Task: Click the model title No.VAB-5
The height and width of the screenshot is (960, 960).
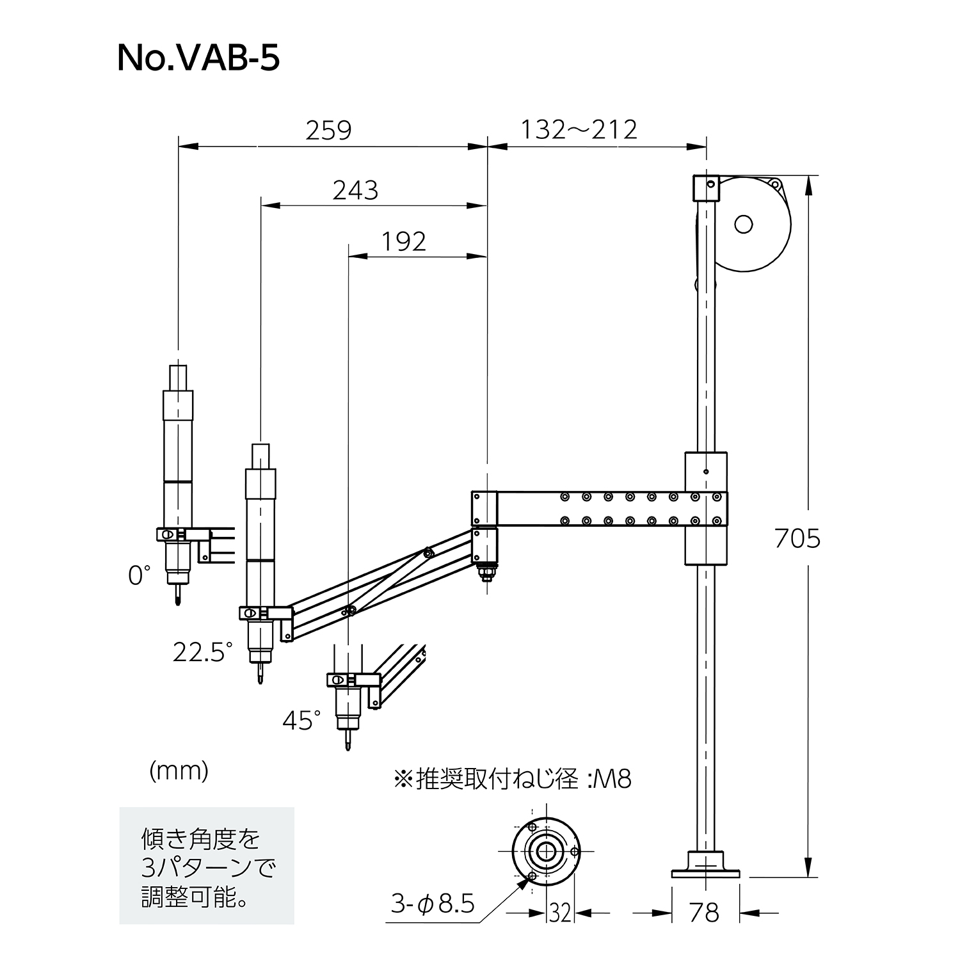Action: [x=198, y=59]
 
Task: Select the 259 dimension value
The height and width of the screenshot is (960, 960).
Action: [x=328, y=131]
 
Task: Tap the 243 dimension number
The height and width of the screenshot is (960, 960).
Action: [x=355, y=191]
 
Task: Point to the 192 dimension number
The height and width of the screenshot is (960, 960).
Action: [x=404, y=242]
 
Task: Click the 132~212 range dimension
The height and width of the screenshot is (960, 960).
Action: [x=579, y=130]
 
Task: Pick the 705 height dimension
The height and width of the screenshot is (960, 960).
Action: [x=797, y=539]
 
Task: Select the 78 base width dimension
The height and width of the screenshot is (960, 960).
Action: [x=705, y=913]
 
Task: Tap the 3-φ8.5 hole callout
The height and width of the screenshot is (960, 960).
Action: [x=433, y=904]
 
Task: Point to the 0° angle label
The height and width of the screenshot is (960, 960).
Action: [x=140, y=575]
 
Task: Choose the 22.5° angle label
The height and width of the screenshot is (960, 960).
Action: [x=203, y=652]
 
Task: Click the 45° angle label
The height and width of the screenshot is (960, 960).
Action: [x=302, y=721]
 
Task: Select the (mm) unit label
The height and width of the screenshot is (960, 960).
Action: [x=179, y=772]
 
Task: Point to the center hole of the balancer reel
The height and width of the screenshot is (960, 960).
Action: [x=743, y=224]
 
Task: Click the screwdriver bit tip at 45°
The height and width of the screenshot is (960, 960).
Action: [x=348, y=744]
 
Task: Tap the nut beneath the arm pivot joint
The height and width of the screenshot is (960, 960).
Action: [x=485, y=571]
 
